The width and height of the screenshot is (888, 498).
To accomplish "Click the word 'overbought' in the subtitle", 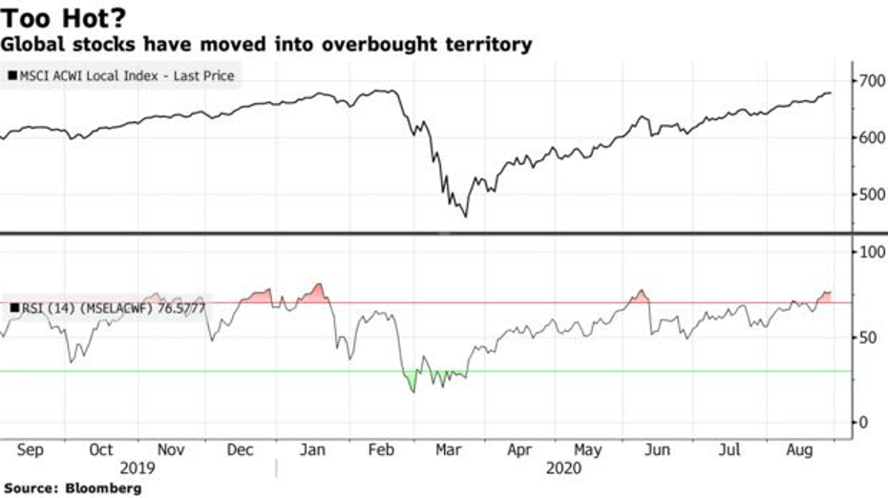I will pyautogui.click(x=386, y=44).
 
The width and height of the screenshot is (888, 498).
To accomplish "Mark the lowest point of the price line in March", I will pyautogui.click(x=466, y=217).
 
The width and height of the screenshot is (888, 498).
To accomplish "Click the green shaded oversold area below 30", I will pyautogui.click(x=412, y=382).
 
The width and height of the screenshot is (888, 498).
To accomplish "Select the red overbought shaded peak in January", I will pyautogui.click(x=316, y=293).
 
